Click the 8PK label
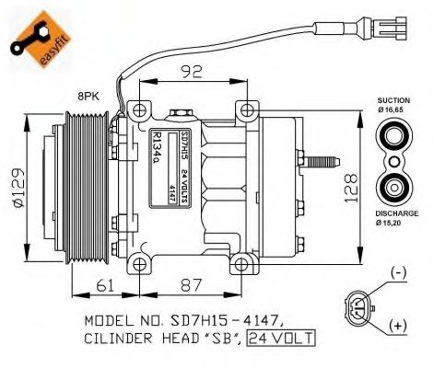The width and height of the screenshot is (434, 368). pos(89,94)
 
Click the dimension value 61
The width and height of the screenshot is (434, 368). pos(109,286)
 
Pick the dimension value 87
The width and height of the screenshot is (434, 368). pos(189,286)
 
